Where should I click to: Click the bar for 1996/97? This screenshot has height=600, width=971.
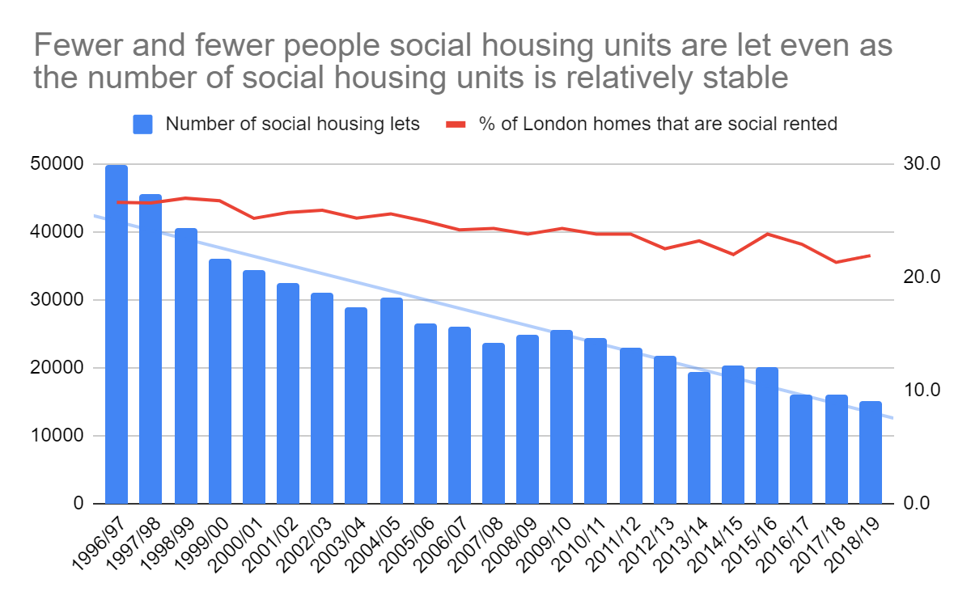pyautogui.click(x=117, y=334)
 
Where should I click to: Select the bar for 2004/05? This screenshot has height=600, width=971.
pyautogui.click(x=392, y=400)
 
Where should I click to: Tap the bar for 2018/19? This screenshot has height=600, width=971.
pyautogui.click(x=870, y=452)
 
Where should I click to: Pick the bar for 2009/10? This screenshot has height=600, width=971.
pyautogui.click(x=562, y=416)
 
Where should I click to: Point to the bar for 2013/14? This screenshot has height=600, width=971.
pyautogui.click(x=699, y=437)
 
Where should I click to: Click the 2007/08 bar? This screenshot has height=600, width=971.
pyautogui.click(x=494, y=423)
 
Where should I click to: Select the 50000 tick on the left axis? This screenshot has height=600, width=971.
pyautogui.click(x=61, y=164)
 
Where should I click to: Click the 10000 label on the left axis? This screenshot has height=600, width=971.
pyautogui.click(x=61, y=436)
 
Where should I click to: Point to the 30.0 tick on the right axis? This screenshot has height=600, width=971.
pyautogui.click(x=918, y=164)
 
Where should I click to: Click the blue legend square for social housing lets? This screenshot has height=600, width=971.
pyautogui.click(x=143, y=125)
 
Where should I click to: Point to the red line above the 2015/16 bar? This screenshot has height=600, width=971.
pyautogui.click(x=767, y=234)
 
